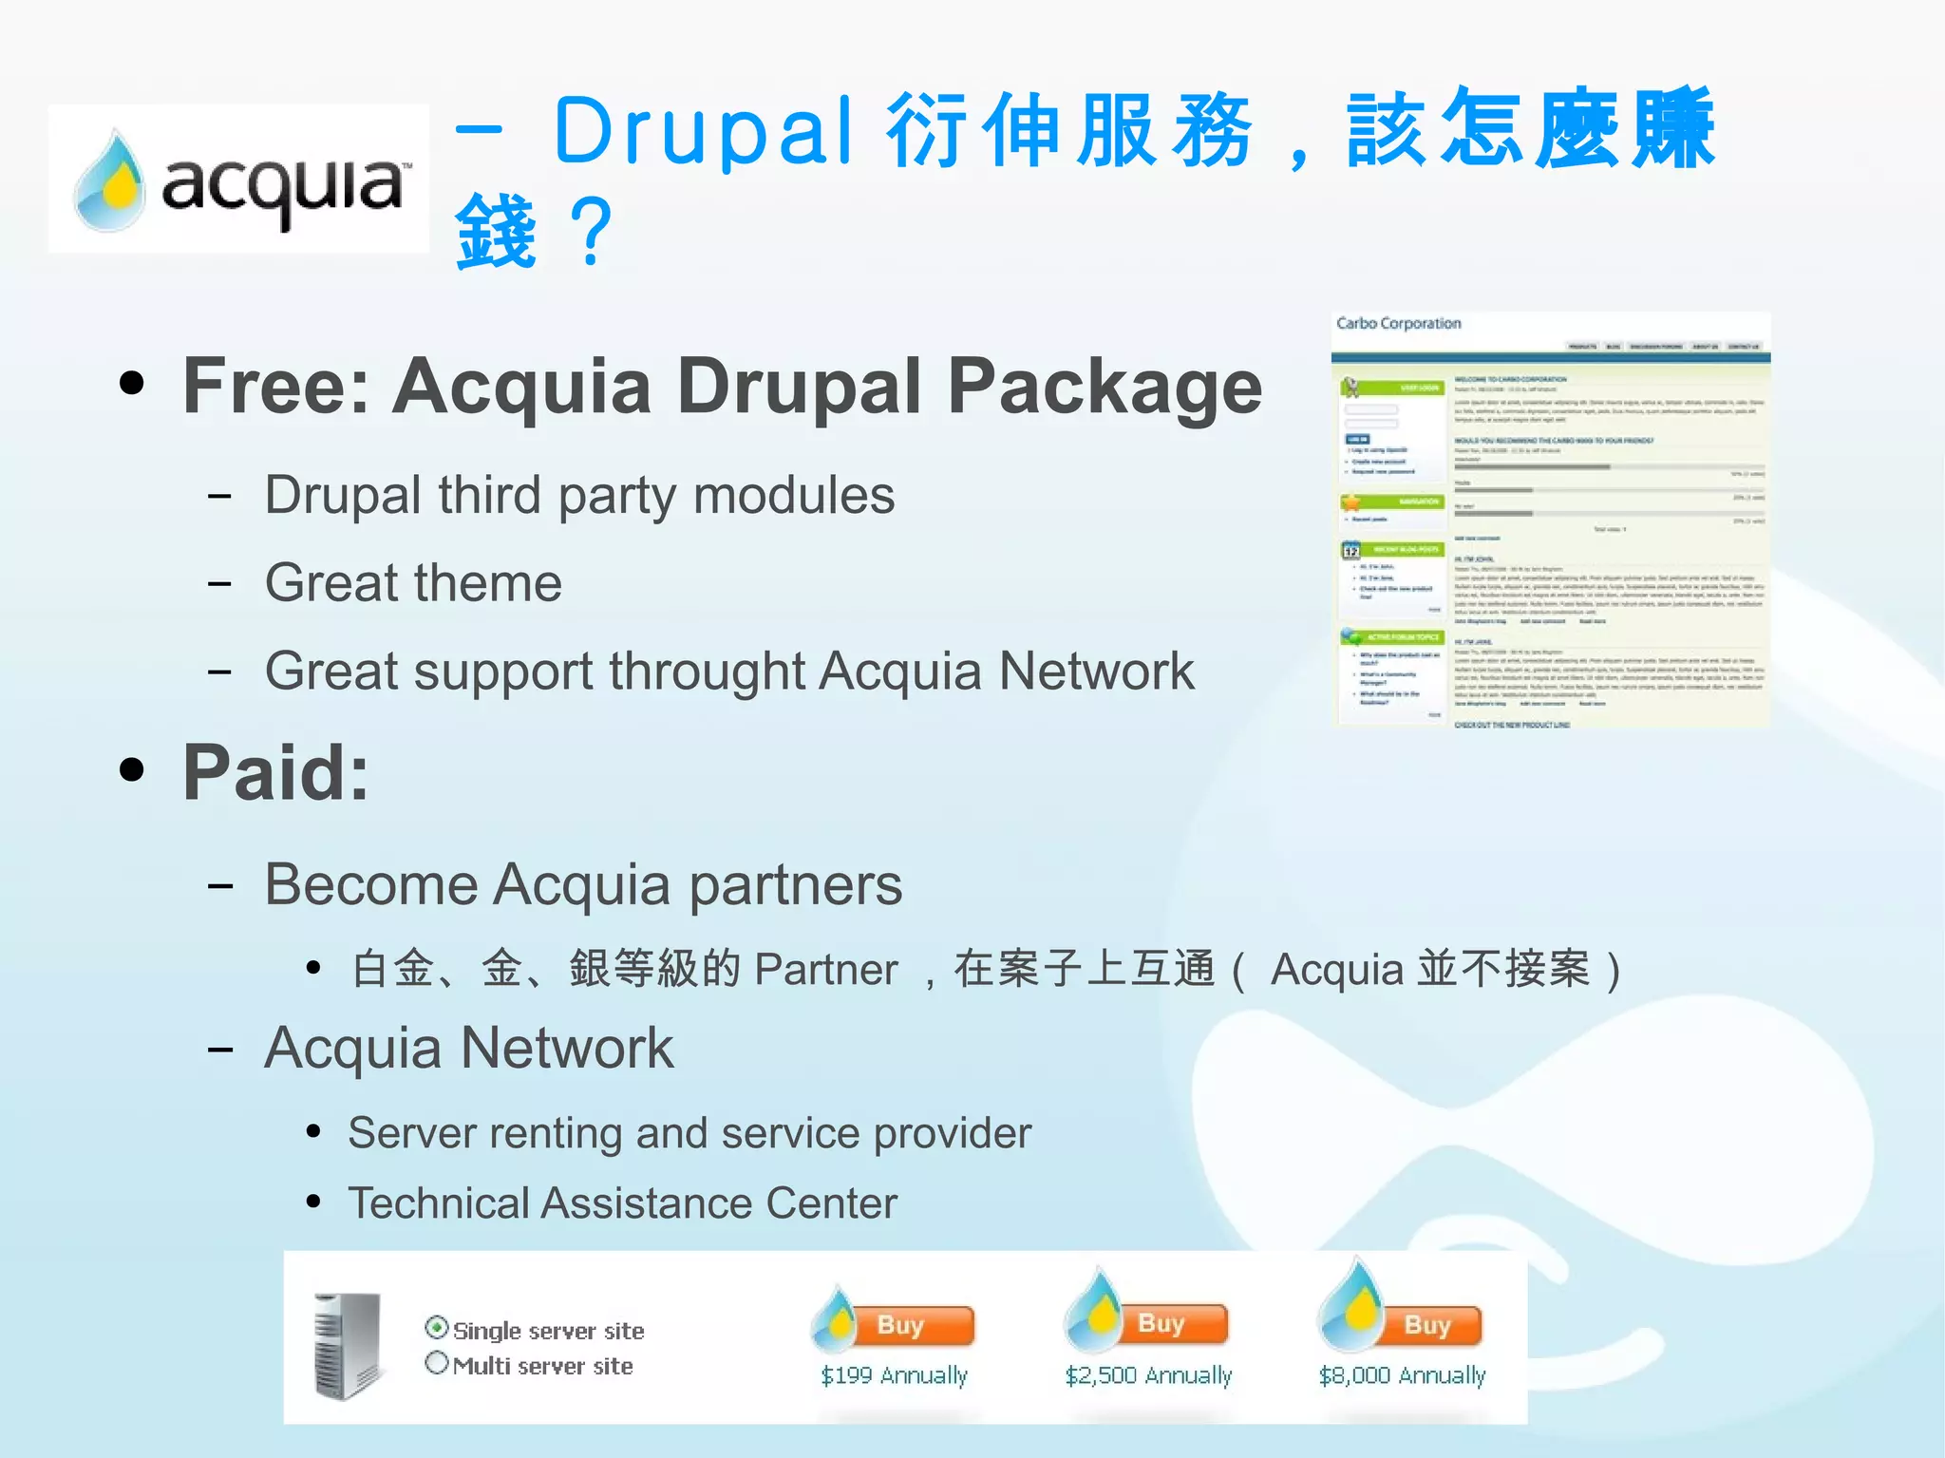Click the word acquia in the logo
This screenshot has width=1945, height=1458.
(283, 185)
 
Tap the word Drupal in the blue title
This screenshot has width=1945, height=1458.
(704, 131)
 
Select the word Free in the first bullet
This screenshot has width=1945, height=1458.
(270, 386)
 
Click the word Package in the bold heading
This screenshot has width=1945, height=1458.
(1105, 386)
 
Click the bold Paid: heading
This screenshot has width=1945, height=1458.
(275, 772)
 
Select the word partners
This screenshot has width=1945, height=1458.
(795, 884)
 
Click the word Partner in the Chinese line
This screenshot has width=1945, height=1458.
(825, 970)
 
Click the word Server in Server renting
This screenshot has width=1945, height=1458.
(411, 1133)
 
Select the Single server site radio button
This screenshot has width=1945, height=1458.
(437, 1328)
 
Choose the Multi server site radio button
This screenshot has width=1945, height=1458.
(437, 1363)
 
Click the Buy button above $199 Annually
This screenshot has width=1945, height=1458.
(913, 1325)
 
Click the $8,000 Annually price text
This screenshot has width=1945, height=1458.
(1402, 1375)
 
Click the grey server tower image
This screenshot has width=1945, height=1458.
(349, 1346)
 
